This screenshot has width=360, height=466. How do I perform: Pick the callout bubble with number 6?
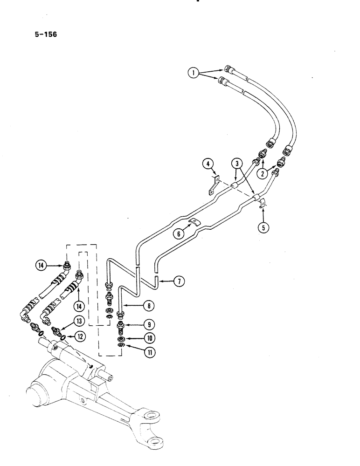[178, 235]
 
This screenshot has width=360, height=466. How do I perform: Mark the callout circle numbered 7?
[179, 281]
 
